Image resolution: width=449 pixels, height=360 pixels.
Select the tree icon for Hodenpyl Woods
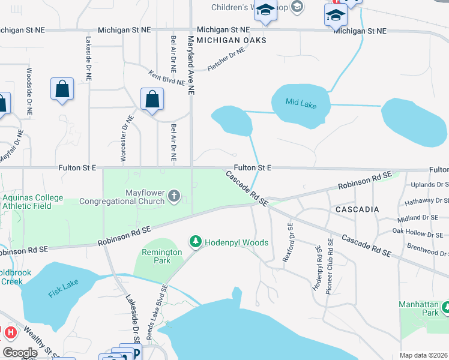(x=195, y=242)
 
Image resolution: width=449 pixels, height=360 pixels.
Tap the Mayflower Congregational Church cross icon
(x=174, y=196)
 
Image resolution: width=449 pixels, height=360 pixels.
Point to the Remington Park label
(x=161, y=257)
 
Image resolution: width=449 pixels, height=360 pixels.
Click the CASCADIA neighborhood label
(x=357, y=209)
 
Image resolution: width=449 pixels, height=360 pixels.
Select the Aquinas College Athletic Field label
(x=32, y=202)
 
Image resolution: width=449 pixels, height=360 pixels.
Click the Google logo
(x=20, y=352)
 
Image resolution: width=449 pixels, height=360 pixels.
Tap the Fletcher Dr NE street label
(x=227, y=60)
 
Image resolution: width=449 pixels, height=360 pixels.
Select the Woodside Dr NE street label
(x=28, y=91)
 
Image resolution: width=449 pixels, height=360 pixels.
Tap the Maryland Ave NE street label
(x=191, y=65)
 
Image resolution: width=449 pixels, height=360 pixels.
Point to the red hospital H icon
(x=10, y=331)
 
